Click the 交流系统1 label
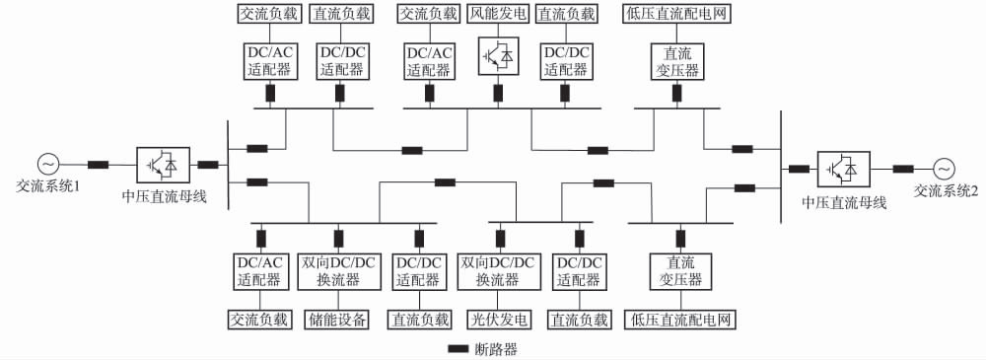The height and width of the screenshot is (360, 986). click(x=48, y=185)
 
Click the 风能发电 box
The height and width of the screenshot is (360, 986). click(x=498, y=15)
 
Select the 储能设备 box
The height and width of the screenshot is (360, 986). click(x=338, y=319)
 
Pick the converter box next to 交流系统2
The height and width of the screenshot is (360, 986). click(x=843, y=169)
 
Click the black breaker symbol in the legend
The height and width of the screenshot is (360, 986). click(x=458, y=348)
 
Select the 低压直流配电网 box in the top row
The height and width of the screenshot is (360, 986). click(x=677, y=15)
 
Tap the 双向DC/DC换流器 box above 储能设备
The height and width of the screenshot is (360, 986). click(x=338, y=271)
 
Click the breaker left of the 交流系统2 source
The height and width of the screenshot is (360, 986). click(x=902, y=169)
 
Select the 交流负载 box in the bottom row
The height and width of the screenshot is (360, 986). click(x=259, y=319)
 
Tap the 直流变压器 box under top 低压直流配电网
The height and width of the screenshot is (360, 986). click(x=677, y=59)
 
